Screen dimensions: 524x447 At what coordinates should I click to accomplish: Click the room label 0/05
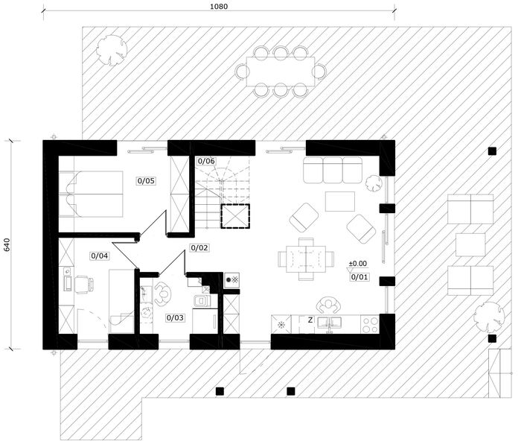pos(146,181)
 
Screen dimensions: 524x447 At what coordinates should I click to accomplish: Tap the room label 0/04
pos(100,256)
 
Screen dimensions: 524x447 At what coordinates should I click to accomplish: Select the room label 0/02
pos(199,248)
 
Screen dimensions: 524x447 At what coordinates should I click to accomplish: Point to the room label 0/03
pos(175,317)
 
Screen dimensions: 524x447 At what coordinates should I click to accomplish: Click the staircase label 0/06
pos(206,161)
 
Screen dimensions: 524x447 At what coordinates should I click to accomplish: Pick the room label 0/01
pos(360,277)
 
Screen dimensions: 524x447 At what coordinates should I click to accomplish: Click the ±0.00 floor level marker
pos(357,264)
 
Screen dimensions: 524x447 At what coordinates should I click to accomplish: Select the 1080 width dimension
pos(219,7)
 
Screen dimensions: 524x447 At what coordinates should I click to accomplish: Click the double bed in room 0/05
pos(91,194)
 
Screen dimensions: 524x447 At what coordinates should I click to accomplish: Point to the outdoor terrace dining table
pos(281,72)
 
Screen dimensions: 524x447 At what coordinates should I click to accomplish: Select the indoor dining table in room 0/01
pos(306,259)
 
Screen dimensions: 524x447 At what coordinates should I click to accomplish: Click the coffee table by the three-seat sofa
pos(340,201)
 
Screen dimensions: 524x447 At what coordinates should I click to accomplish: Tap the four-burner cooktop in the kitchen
pos(370,324)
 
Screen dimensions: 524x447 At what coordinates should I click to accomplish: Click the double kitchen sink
pos(329,323)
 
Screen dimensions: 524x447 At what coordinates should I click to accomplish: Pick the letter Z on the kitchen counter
pos(310,320)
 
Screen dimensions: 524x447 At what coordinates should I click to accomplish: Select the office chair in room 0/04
pos(83,285)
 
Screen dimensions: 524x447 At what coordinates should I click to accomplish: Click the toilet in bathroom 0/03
pos(201,301)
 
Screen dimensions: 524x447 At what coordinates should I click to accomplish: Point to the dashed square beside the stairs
pos(235,216)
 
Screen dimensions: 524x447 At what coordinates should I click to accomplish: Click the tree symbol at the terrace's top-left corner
pos(112,50)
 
